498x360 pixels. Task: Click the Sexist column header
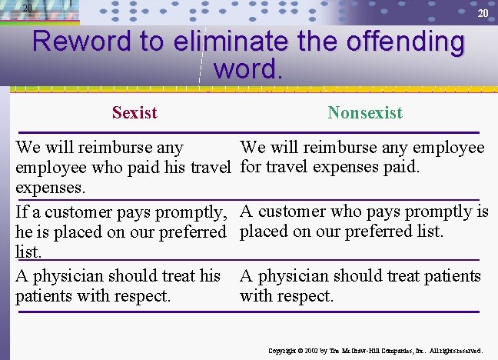pos(134,113)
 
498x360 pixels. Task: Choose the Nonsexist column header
pos(365,113)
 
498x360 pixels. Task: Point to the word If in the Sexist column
pos(22,212)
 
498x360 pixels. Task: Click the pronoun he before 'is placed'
pos(24,232)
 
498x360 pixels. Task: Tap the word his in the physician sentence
pos(209,275)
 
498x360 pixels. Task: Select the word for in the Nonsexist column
pos(251,167)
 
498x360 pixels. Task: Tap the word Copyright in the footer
pos(284,351)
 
